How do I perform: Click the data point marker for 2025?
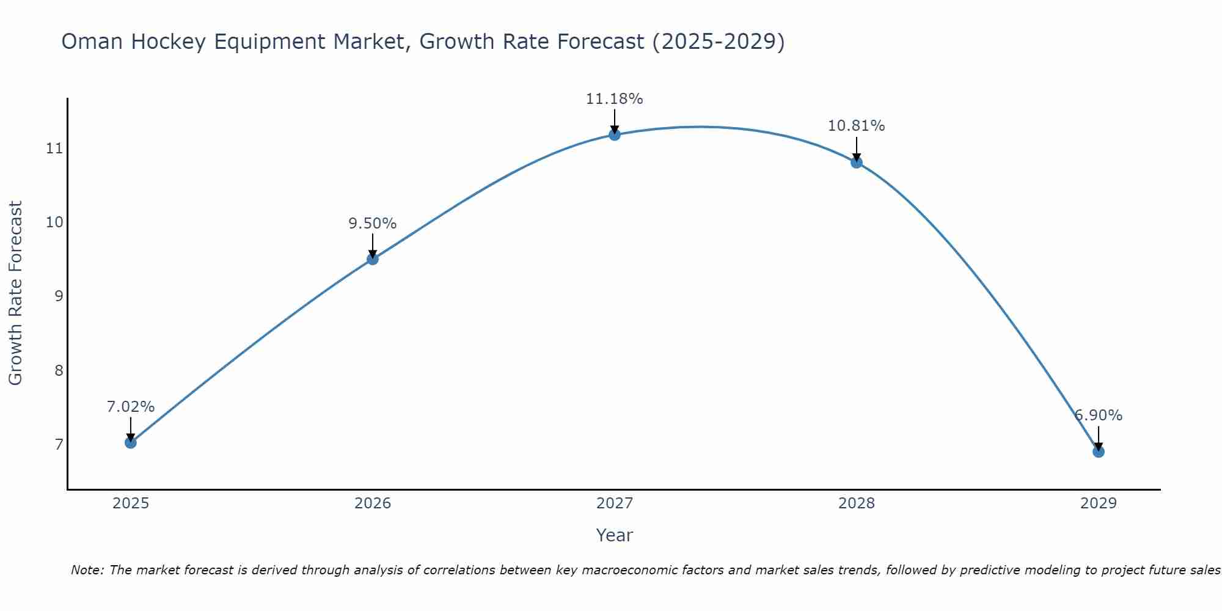(131, 442)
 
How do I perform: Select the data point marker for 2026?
(373, 259)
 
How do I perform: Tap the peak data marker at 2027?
(615, 134)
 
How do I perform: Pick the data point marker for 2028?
(857, 162)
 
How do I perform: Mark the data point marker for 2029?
(1098, 452)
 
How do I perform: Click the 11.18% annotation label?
(614, 99)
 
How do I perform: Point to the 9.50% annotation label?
(373, 224)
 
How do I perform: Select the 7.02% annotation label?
(131, 407)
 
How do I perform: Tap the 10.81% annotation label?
(856, 126)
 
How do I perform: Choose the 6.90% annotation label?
(1098, 415)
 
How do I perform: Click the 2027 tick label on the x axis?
(615, 503)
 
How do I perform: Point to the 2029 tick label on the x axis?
(1098, 503)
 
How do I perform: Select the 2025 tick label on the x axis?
(131, 503)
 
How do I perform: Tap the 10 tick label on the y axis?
(55, 222)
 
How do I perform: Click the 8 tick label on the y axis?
(59, 370)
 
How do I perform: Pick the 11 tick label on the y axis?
(55, 148)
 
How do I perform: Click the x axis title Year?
(614, 535)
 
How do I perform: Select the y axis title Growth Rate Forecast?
(15, 293)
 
